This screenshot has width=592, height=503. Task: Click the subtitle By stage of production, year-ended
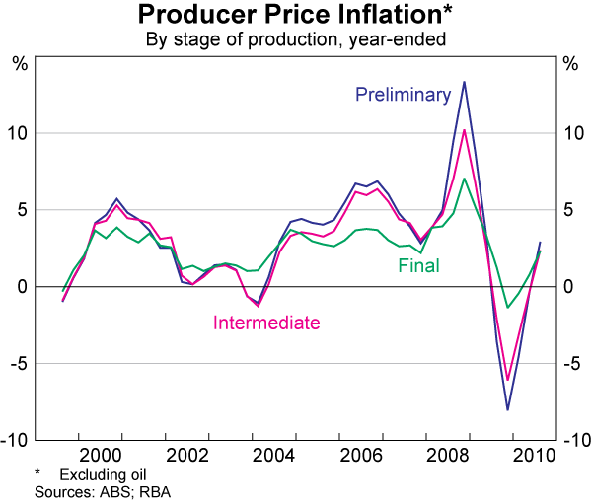[x=295, y=39]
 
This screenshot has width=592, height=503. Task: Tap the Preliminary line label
[x=403, y=95]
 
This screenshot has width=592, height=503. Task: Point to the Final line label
[x=418, y=265]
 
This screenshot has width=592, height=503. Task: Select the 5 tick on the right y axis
[x=568, y=210]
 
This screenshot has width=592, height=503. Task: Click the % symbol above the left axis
[x=20, y=64]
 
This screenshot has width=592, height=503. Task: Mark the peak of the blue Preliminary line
[x=464, y=82]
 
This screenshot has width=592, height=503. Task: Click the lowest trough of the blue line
[x=507, y=409]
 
